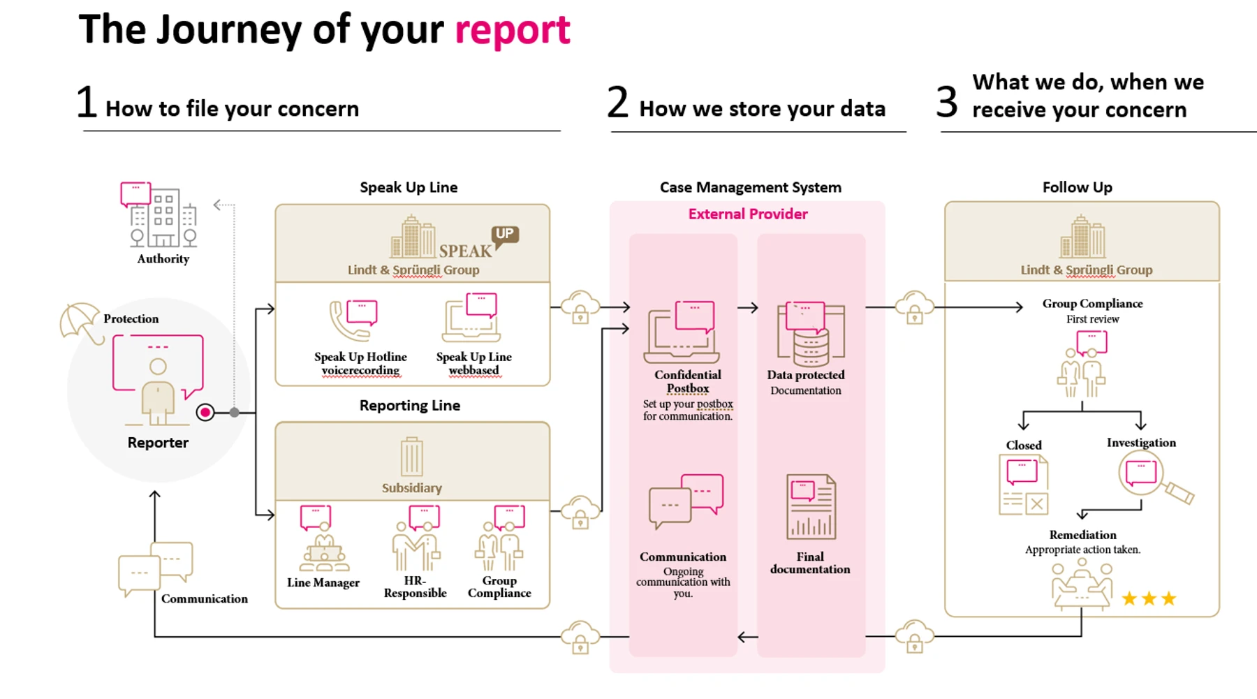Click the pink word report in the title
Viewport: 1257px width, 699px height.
point(513,31)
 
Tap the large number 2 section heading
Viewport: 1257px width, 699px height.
point(618,102)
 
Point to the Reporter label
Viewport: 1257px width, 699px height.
point(158,443)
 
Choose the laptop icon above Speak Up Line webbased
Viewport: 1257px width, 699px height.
point(471,318)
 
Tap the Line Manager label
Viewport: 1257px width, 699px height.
point(323,582)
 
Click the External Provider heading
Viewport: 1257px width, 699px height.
point(748,214)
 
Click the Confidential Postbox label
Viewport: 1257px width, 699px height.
point(688,381)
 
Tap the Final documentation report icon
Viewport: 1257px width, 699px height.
point(811,507)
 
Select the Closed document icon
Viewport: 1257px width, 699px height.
point(1024,485)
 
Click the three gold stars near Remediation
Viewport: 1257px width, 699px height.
point(1149,598)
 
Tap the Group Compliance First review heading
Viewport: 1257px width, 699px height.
point(1093,311)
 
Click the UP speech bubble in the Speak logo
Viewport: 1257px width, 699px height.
point(505,235)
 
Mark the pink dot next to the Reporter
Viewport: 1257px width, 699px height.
point(205,413)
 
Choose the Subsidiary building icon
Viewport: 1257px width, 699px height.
point(411,457)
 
